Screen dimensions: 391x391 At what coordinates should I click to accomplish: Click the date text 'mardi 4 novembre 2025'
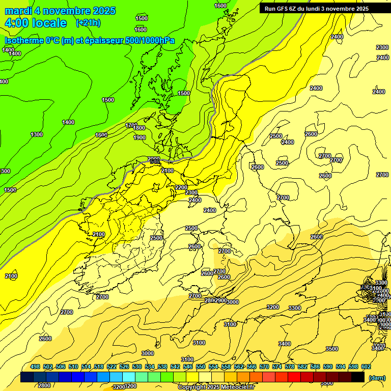tap(60, 11)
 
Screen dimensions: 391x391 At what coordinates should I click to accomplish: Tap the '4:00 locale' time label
tap(36, 23)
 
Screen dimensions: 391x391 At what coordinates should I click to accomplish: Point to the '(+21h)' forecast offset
tap(88, 23)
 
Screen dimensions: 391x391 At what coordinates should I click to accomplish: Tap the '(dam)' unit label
tap(377, 377)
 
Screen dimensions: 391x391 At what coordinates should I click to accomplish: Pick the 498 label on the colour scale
tap(35, 367)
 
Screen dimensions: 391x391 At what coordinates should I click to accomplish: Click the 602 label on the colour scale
tap(366, 367)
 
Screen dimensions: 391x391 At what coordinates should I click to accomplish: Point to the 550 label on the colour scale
tap(201, 367)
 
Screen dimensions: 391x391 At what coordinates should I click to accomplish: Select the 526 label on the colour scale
tap(124, 367)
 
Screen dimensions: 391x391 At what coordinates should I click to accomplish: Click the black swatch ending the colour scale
tap(358, 377)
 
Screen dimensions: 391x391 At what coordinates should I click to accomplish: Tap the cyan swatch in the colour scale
tap(129, 377)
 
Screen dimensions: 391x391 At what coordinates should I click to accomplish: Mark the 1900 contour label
tap(139, 137)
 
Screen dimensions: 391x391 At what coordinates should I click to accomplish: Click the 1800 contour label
tap(139, 128)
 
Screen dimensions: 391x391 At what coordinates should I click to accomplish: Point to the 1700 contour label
tap(131, 125)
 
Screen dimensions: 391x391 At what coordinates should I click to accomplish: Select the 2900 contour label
tap(221, 301)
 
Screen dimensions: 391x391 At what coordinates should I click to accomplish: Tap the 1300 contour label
tap(37, 134)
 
